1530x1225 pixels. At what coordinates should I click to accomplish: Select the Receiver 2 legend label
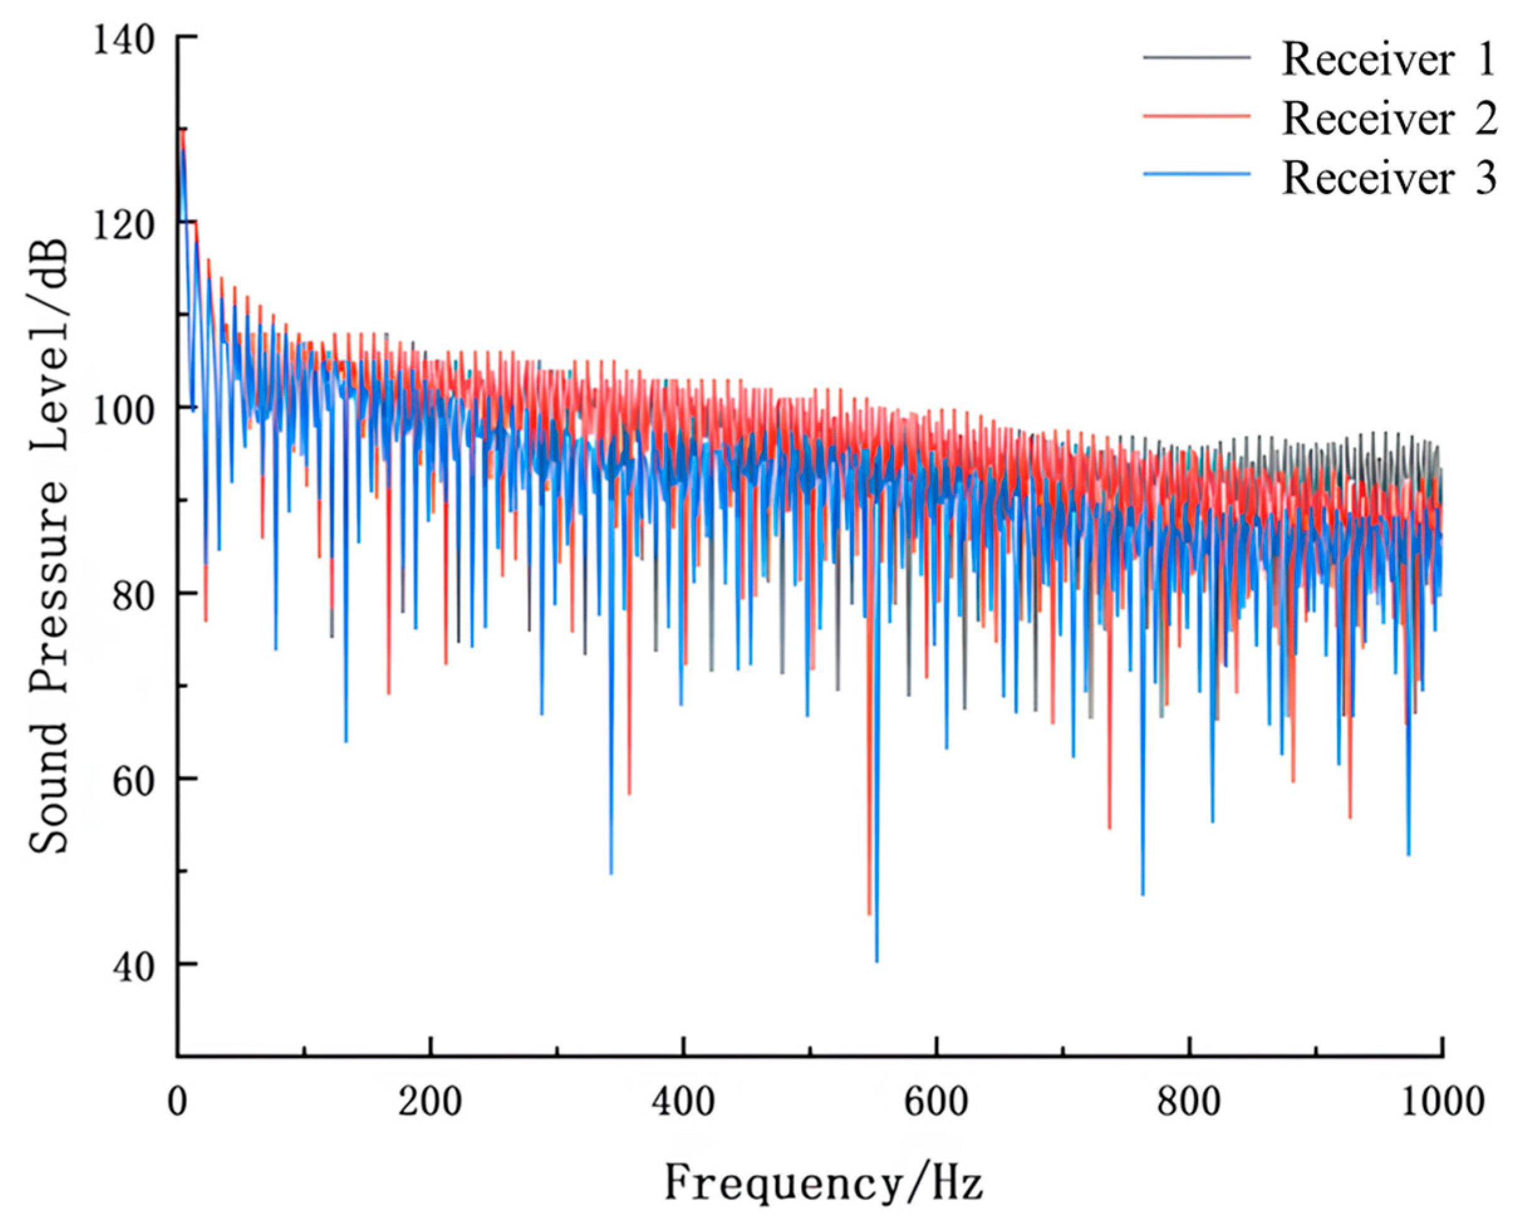coord(1389,119)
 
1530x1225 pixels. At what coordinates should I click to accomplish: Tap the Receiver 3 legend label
coord(1389,178)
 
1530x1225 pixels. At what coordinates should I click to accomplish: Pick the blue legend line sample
coord(1197,173)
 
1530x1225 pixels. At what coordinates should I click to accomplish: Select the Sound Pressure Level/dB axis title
coord(50,546)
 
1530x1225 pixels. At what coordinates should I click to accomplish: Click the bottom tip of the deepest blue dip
coord(877,961)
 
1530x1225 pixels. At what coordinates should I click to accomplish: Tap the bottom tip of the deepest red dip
coord(869,914)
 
